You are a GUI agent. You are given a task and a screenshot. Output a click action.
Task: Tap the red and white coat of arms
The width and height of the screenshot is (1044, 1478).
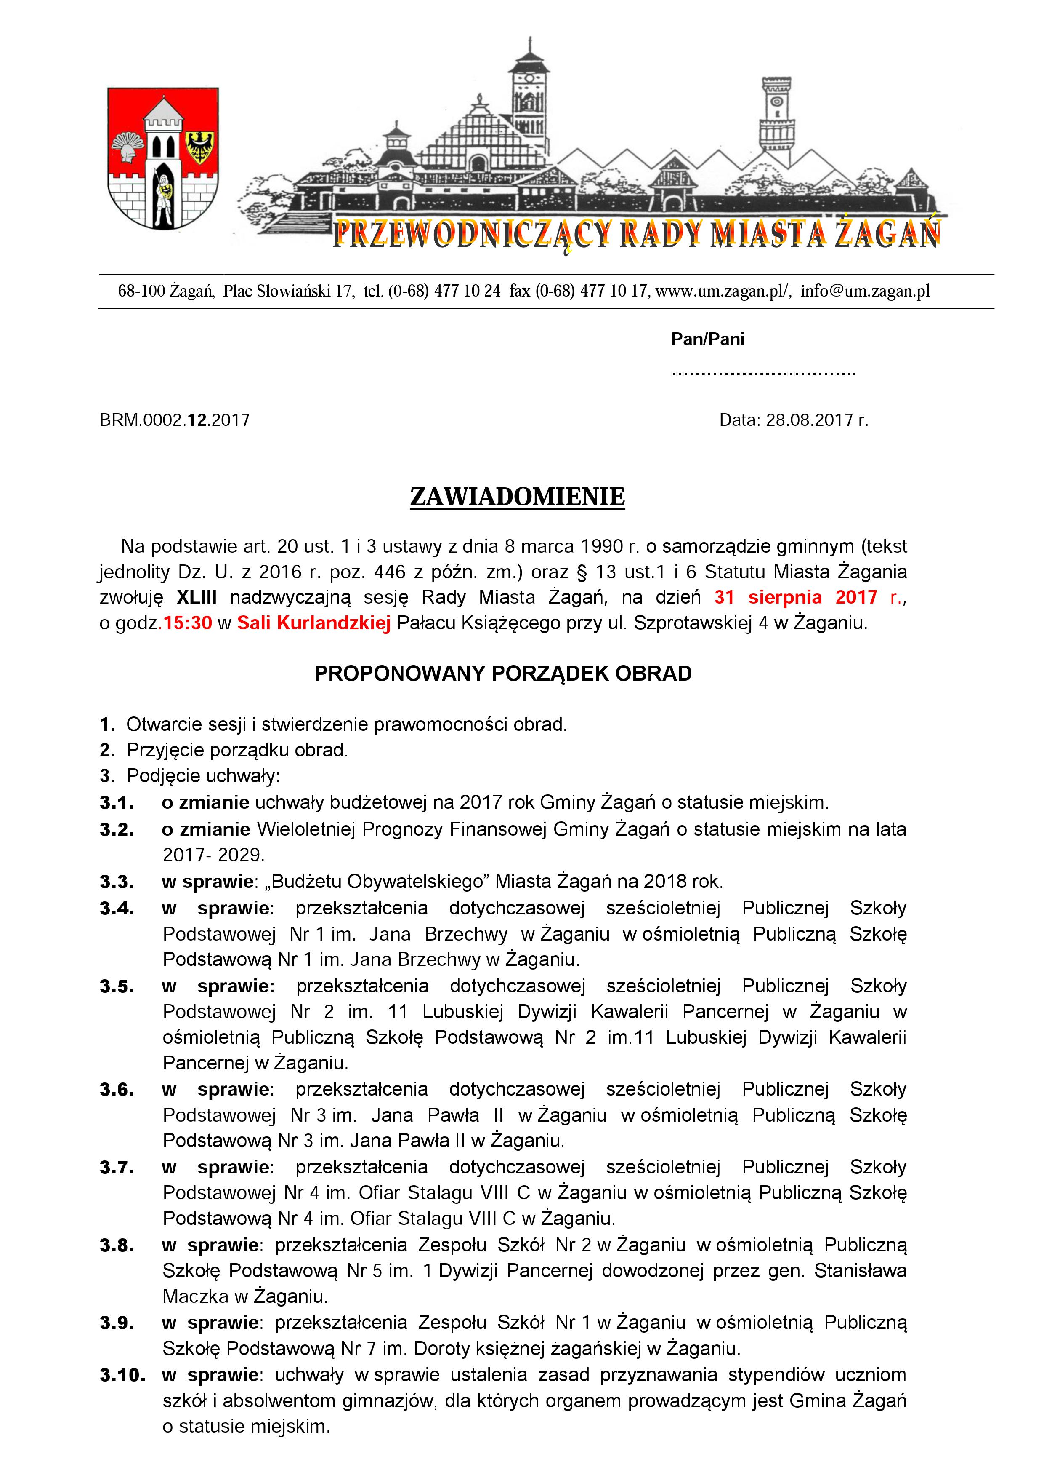(163, 158)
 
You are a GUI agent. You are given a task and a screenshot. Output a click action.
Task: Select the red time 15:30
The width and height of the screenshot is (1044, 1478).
(187, 623)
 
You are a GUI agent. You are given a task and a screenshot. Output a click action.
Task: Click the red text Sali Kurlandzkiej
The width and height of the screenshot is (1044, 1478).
(314, 623)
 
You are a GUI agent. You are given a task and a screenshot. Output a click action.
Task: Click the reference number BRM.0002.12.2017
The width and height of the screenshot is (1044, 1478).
(174, 420)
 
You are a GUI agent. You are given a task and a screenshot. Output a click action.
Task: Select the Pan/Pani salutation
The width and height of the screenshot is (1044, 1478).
(708, 339)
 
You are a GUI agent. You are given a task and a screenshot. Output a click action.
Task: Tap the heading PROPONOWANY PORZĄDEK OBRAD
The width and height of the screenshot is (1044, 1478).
(502, 674)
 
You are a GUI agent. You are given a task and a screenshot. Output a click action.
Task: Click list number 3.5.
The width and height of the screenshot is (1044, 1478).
(117, 986)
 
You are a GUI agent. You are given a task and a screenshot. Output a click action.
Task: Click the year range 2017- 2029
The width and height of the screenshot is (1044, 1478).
(213, 855)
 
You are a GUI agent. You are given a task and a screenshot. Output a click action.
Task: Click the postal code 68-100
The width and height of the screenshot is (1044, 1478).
(141, 291)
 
